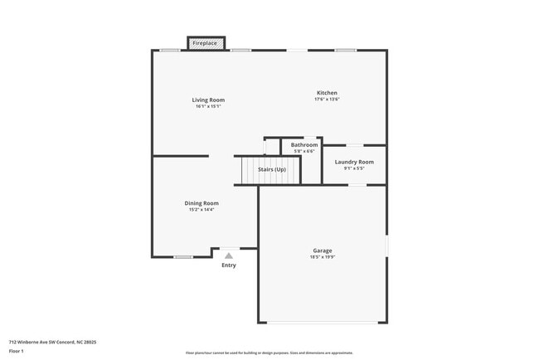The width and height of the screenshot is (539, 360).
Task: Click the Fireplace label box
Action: point(205,42)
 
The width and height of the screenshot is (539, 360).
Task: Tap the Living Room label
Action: point(210,100)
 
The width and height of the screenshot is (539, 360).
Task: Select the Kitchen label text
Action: point(327,92)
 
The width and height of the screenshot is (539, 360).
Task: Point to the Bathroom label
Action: point(304,144)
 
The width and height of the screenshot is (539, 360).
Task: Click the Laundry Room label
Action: point(354,162)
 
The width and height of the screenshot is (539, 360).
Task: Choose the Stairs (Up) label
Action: point(272,169)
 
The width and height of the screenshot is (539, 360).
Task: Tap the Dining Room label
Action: point(202,202)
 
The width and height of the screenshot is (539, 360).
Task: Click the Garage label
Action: point(323,250)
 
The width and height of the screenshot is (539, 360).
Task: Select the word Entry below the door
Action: point(229,265)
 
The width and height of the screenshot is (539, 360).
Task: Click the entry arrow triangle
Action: point(229,255)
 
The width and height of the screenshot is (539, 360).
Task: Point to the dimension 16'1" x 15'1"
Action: point(210,106)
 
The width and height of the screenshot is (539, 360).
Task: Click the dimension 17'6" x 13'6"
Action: point(327,99)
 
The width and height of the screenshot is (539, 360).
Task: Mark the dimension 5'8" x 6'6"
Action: point(304,151)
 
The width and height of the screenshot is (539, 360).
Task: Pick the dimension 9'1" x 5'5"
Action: point(354,168)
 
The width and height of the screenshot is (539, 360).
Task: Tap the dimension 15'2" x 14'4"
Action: point(202,209)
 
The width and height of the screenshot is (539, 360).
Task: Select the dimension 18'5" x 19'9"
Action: point(323,256)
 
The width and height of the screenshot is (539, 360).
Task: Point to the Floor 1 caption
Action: point(17,352)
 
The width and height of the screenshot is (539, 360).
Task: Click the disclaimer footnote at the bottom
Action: point(269,353)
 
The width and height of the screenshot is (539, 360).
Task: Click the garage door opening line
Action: point(323,323)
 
